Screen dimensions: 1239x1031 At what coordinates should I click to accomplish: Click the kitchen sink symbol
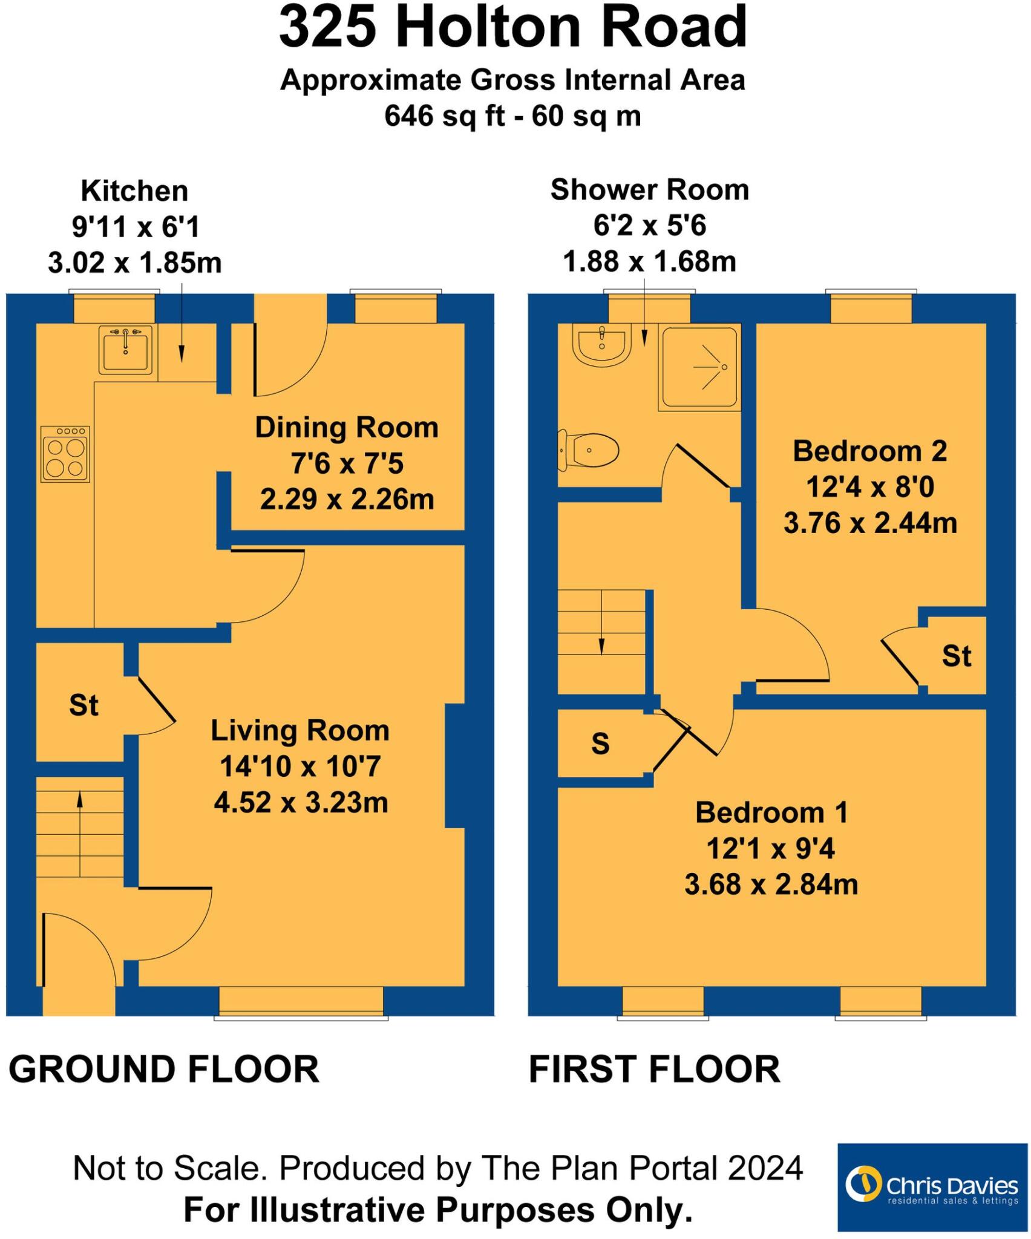[125, 350]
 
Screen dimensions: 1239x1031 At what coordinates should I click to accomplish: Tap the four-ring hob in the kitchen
[65, 454]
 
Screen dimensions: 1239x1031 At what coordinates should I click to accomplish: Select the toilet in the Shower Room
[588, 451]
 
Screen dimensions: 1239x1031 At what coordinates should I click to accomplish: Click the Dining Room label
[347, 428]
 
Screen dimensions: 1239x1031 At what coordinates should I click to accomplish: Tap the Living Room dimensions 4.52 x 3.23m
[301, 803]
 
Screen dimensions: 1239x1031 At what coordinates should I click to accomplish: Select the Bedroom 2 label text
[869, 451]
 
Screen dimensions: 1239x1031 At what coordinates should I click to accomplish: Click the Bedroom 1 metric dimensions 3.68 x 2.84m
[771, 884]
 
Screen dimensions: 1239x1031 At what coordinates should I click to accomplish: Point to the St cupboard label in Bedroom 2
[956, 656]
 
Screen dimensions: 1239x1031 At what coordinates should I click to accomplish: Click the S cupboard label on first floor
[600, 744]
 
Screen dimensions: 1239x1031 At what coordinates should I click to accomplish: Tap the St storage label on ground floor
[83, 705]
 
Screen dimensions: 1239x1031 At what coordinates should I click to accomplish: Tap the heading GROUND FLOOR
[163, 1069]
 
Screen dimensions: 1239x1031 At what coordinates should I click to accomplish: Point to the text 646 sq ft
[445, 115]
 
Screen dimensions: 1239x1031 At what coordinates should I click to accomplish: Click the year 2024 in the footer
[765, 1168]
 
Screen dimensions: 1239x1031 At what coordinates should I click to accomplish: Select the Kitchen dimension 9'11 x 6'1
[136, 227]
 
